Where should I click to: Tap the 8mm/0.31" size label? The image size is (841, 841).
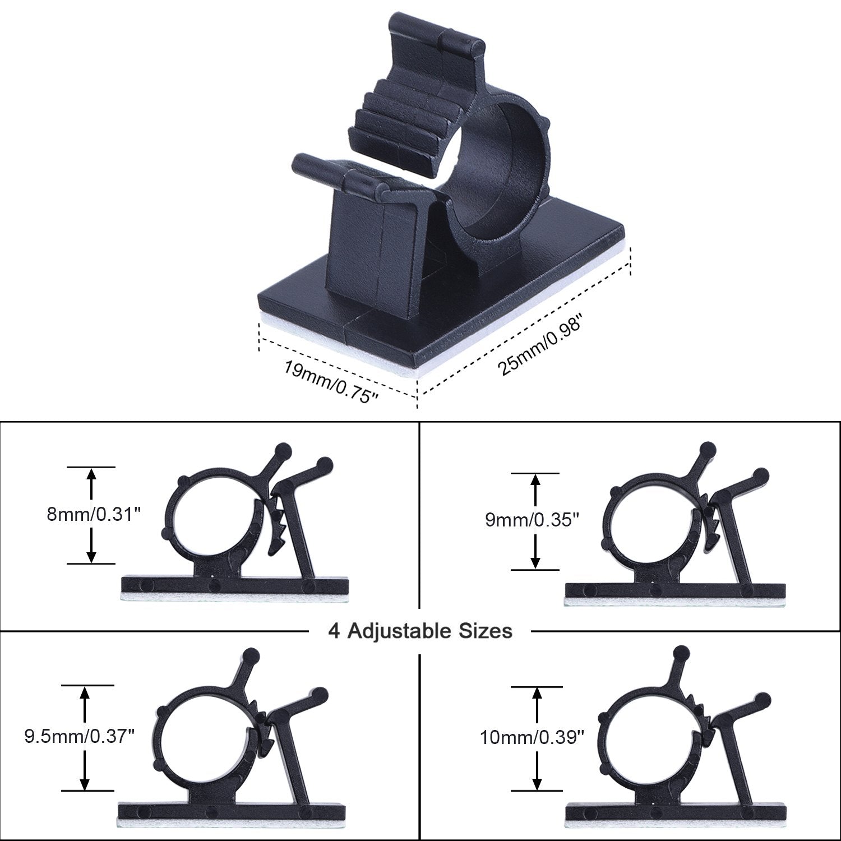coord(93,515)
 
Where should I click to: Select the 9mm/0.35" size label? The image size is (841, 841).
coord(532,520)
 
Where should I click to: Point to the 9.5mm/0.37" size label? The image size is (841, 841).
coord(80,736)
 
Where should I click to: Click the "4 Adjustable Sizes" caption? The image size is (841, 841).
coord(420,631)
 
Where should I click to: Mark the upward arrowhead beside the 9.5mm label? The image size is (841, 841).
coord(85,694)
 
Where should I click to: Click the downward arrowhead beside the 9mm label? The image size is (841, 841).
coord(536,561)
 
